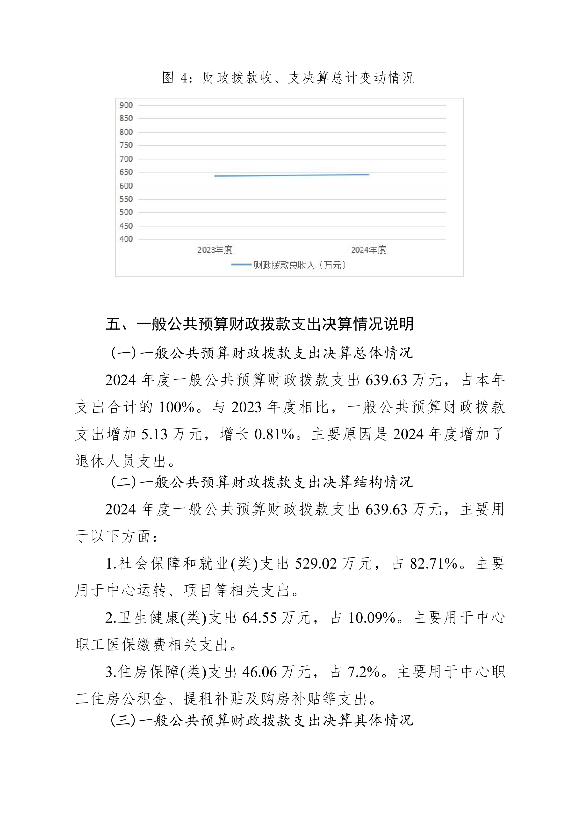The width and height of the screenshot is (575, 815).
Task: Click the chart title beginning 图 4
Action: click(288, 78)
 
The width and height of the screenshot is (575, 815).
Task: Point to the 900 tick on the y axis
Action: click(126, 105)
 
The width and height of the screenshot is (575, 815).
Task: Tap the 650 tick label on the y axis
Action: click(126, 172)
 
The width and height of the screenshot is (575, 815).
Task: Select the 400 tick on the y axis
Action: click(126, 239)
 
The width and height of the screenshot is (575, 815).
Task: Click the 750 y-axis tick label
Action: click(126, 145)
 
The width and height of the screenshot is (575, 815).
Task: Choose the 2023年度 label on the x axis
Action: click(215, 250)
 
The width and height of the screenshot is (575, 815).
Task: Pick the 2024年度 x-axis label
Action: click(368, 250)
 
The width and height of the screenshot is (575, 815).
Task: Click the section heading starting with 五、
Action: click(260, 324)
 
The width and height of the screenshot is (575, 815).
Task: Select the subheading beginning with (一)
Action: click(262, 353)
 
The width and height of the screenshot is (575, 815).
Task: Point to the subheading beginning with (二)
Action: click(262, 482)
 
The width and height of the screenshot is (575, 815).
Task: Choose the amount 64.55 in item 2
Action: click(259, 618)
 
